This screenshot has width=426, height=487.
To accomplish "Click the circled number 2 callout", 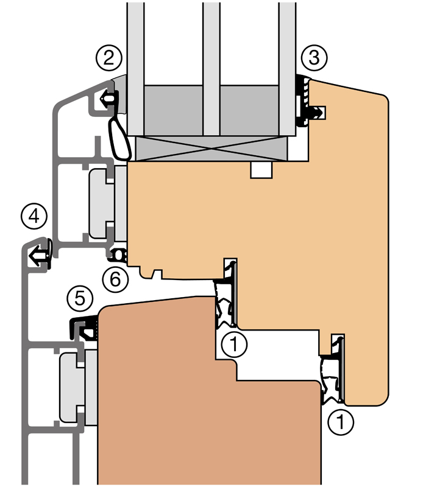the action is [x=109, y=58].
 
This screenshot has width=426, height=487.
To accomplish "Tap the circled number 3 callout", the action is [x=314, y=58].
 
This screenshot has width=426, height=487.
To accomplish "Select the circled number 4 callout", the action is [x=34, y=216].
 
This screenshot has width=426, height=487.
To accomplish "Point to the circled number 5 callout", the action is [x=80, y=299].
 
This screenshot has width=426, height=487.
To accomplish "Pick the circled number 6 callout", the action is [x=115, y=279].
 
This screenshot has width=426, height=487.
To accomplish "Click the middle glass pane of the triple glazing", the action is [x=211, y=69].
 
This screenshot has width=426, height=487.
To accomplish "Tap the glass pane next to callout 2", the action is [x=135, y=69].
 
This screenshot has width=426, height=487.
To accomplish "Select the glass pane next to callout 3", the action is [x=287, y=69].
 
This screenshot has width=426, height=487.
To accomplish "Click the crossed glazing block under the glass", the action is [x=211, y=149].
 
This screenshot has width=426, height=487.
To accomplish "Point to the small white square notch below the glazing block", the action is [x=261, y=170].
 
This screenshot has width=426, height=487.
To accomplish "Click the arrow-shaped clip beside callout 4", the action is [x=40, y=253].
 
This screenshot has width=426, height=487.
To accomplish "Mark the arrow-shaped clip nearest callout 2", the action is [x=109, y=99].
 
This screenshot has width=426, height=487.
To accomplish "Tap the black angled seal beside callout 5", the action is [x=83, y=328].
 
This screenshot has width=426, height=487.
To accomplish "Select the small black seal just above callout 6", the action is [x=118, y=255].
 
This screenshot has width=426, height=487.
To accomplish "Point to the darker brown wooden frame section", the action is [x=205, y=404].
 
